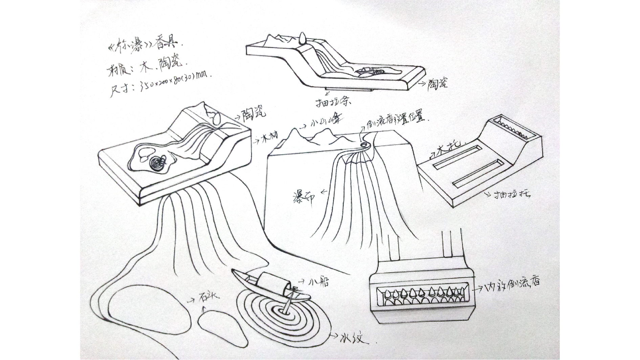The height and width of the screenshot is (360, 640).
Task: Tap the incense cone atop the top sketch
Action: tap(304, 38)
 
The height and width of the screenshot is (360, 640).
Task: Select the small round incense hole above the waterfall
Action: tap(364, 144)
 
